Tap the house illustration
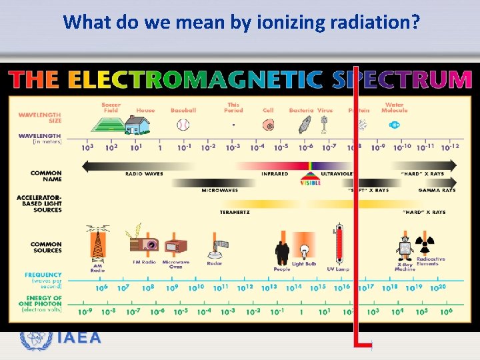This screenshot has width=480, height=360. (x=138, y=124)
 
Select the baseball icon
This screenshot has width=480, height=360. (x=183, y=125)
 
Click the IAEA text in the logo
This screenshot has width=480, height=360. (x=79, y=338)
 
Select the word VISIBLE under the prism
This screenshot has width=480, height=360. (x=311, y=183)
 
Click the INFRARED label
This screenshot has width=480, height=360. (x=275, y=174)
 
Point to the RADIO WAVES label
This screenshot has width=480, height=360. (x=144, y=174)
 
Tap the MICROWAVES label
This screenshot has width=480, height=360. (x=219, y=191)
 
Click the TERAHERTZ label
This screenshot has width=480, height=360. (x=235, y=212)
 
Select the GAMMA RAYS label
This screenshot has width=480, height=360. (x=437, y=191)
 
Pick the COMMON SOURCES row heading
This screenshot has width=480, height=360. (x=46, y=247)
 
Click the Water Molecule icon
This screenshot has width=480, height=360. (x=394, y=125)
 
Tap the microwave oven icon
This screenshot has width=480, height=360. (x=176, y=247)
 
